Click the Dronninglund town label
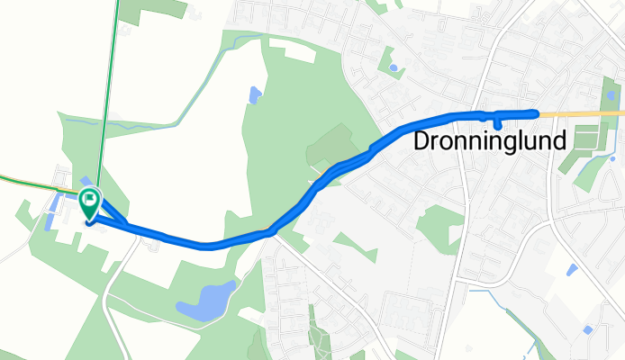[491, 142]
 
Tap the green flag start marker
[90, 202]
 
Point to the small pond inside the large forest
[255, 94]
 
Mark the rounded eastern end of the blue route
[536, 112]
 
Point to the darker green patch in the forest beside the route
[334, 143]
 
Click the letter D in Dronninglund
[421, 142]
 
